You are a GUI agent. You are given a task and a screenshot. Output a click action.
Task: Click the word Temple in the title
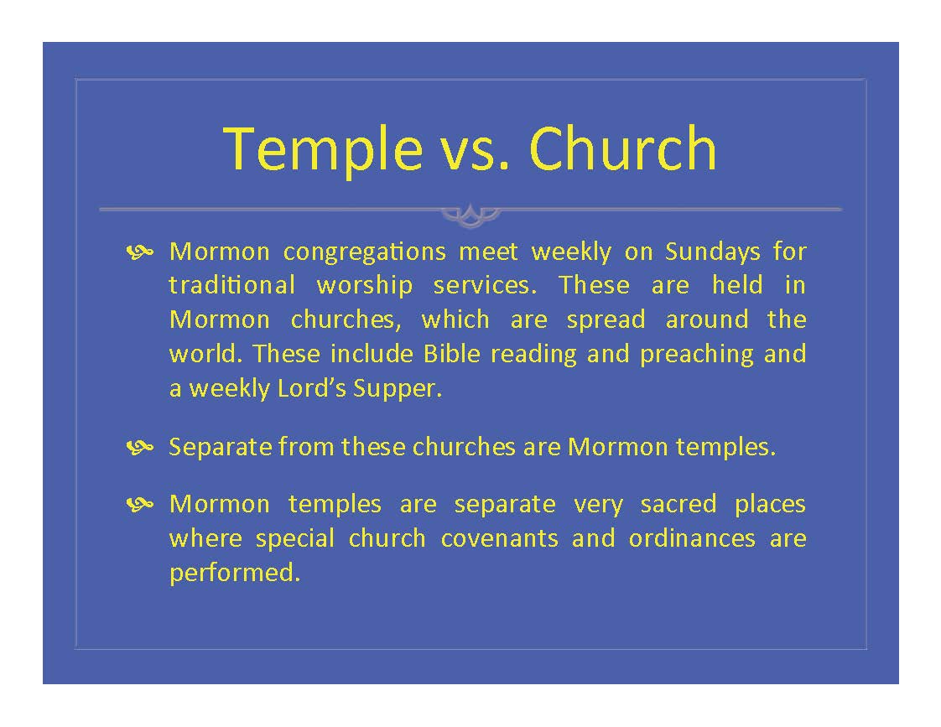click(x=323, y=149)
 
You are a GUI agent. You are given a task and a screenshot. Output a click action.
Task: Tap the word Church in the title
click(x=623, y=148)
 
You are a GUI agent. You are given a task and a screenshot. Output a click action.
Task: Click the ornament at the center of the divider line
click(x=470, y=215)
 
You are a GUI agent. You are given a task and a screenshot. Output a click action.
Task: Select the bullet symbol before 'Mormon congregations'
click(x=140, y=252)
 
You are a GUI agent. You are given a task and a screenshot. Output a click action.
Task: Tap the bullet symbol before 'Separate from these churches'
click(x=140, y=447)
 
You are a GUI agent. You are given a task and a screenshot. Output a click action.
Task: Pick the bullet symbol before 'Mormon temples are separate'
click(x=140, y=504)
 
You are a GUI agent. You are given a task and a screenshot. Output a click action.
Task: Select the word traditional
click(x=231, y=285)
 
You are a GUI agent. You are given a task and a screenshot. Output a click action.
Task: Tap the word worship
click(x=364, y=287)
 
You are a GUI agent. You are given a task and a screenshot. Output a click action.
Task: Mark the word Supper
click(x=398, y=390)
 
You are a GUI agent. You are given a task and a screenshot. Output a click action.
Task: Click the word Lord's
click(x=311, y=388)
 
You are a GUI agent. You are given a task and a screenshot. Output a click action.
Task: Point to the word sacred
click(x=678, y=505)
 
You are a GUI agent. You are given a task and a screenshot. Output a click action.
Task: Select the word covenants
click(x=499, y=538)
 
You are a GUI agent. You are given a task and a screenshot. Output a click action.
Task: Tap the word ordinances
click(x=692, y=538)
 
